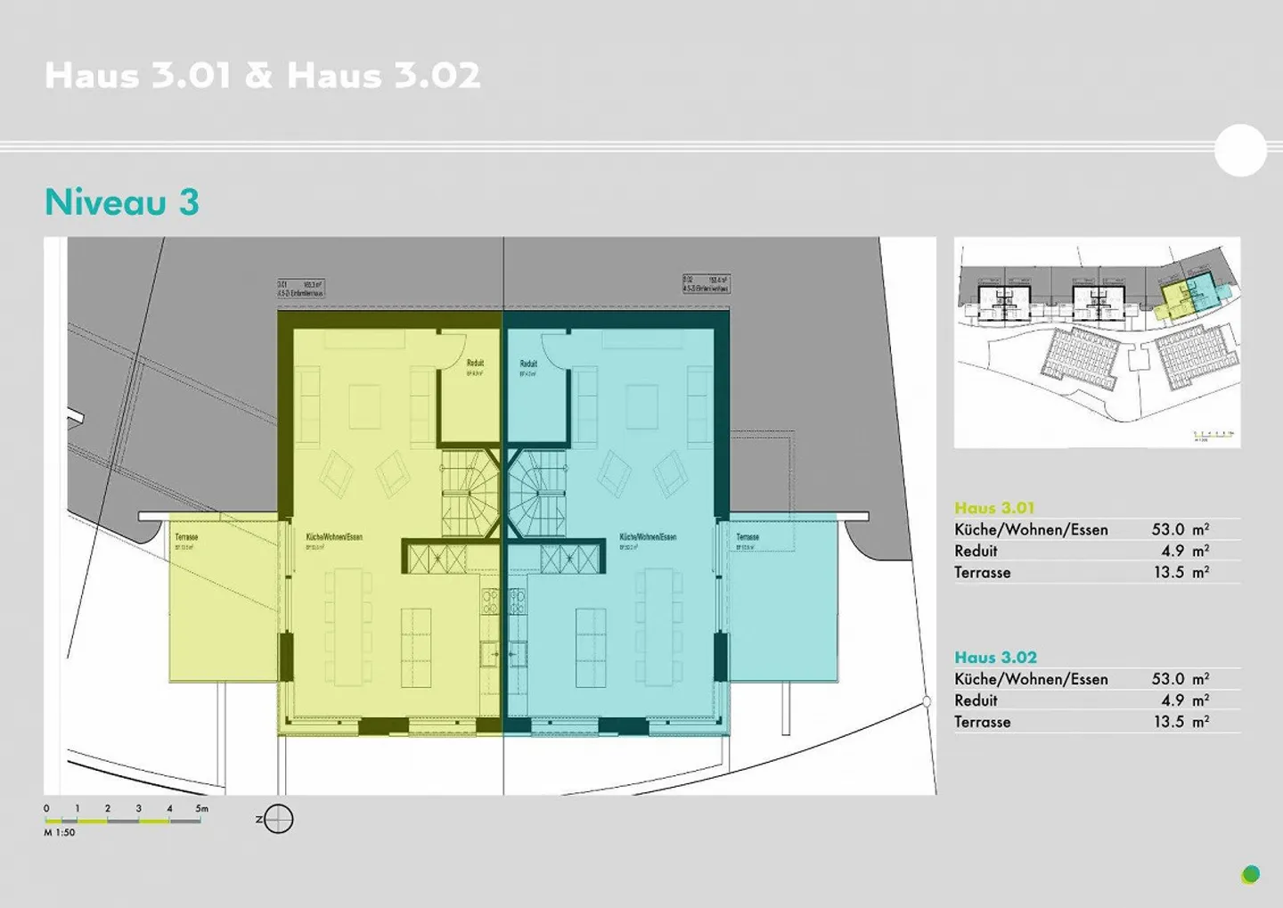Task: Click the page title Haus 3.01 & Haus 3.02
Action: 263,76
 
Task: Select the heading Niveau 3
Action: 122,202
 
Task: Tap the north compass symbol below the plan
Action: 278,819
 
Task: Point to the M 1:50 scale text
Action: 60,832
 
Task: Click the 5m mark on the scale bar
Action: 202,809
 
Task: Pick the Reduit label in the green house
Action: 475,364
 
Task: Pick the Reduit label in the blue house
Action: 528,364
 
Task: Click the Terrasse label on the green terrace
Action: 186,537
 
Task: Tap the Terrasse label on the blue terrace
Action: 748,537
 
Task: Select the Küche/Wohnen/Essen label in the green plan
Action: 334,537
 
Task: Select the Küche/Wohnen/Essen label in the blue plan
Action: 648,537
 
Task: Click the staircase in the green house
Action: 470,493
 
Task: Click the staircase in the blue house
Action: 537,493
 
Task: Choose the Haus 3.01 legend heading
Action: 994,508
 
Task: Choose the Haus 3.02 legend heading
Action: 995,658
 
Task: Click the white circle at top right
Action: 1240,151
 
